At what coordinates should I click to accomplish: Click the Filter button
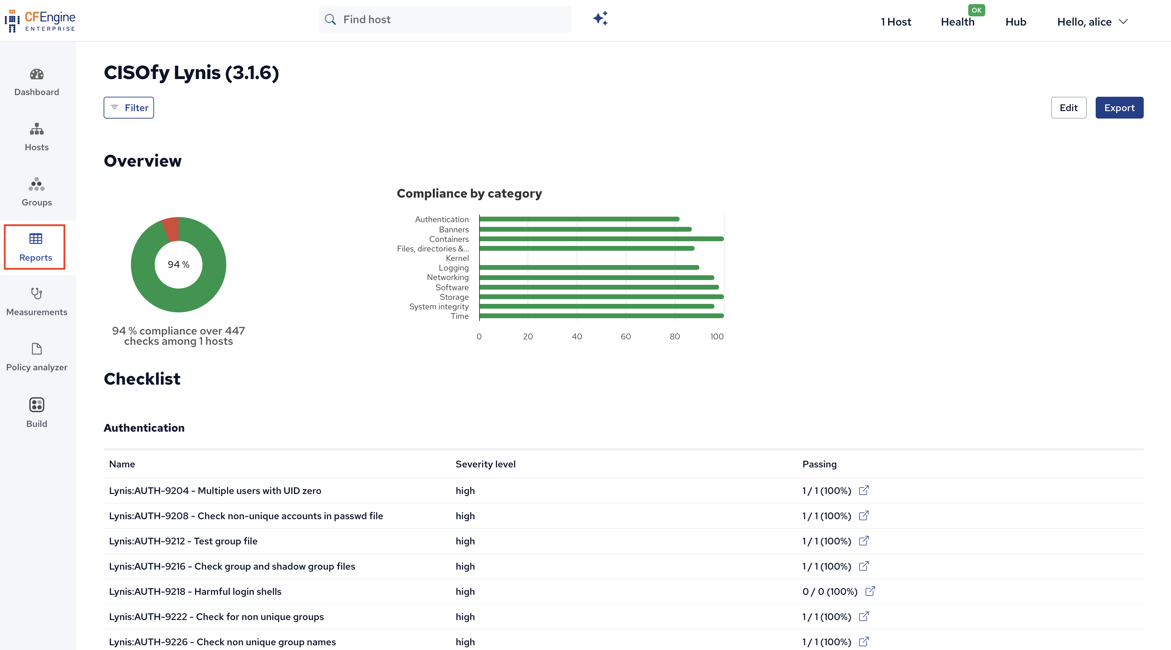(x=128, y=108)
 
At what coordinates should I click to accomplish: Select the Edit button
(x=1068, y=108)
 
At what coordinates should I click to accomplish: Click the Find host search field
(x=445, y=19)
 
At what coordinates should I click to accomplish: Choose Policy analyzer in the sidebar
(x=37, y=358)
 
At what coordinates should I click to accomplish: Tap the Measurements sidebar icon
(x=37, y=294)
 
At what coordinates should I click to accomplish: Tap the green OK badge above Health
(x=976, y=10)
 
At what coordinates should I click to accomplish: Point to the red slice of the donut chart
(x=171, y=229)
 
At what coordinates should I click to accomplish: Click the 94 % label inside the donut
(x=179, y=265)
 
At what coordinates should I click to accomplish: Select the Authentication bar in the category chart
(x=579, y=219)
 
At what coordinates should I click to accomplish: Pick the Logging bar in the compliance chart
(x=589, y=267)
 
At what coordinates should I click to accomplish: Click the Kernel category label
(x=457, y=258)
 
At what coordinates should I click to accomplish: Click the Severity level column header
(x=486, y=464)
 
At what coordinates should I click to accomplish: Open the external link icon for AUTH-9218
(x=870, y=591)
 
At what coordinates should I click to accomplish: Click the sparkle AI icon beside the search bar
(x=600, y=19)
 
